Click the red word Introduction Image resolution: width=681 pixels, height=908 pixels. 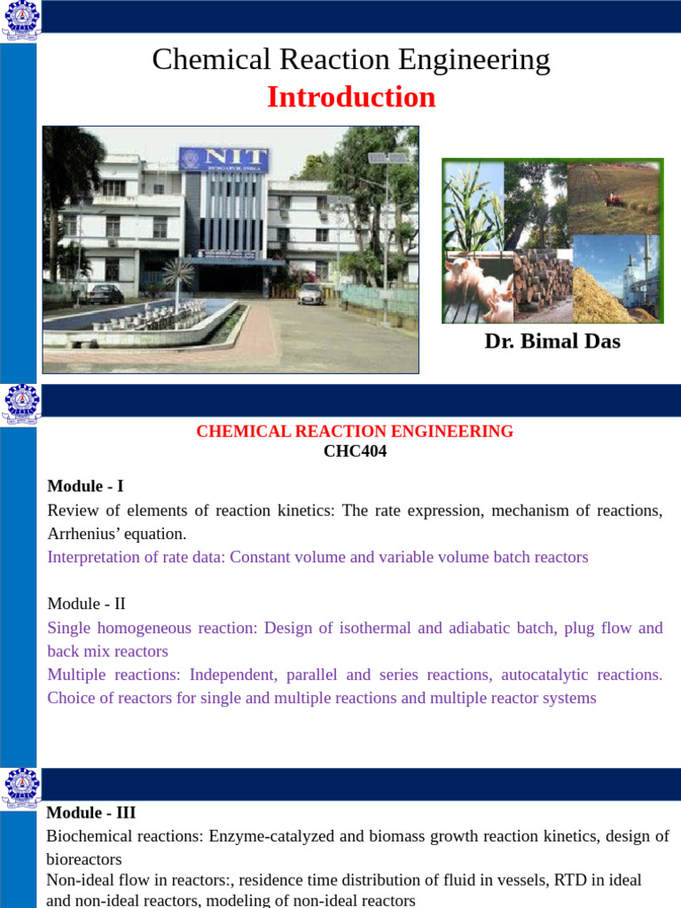point(351,97)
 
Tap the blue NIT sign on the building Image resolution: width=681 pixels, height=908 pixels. point(223,160)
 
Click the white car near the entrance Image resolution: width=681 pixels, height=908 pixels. point(311,294)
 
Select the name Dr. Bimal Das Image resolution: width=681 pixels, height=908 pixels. point(552,341)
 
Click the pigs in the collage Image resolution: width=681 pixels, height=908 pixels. point(478,287)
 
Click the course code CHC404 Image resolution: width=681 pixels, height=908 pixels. point(355,451)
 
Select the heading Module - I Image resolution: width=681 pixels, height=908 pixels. point(85,486)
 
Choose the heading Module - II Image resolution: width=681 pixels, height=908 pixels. point(86,603)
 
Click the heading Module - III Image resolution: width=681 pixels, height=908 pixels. point(91,812)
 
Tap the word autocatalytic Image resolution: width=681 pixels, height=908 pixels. point(544,675)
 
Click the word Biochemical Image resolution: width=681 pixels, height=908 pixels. point(84,836)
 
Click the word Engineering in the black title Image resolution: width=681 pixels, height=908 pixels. point(474,59)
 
